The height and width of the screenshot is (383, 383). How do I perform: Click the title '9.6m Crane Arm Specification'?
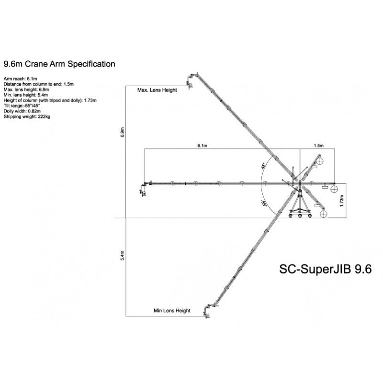[59, 64]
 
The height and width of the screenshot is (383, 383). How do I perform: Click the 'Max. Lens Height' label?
[157, 90]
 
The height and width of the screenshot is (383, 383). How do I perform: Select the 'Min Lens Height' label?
[172, 311]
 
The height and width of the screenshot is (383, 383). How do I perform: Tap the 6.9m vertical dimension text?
[122, 133]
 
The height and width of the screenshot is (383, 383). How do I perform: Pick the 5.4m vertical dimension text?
[122, 255]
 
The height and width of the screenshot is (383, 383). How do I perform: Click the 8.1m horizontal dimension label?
[203, 145]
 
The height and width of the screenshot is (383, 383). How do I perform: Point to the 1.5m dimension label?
[318, 145]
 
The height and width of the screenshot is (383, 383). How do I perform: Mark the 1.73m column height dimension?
[341, 201]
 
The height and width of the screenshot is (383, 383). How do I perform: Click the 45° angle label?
[263, 166]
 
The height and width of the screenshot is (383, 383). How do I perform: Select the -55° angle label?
[263, 203]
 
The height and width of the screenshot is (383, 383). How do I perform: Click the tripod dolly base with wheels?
[300, 210]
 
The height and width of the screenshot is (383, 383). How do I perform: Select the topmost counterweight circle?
[319, 161]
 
